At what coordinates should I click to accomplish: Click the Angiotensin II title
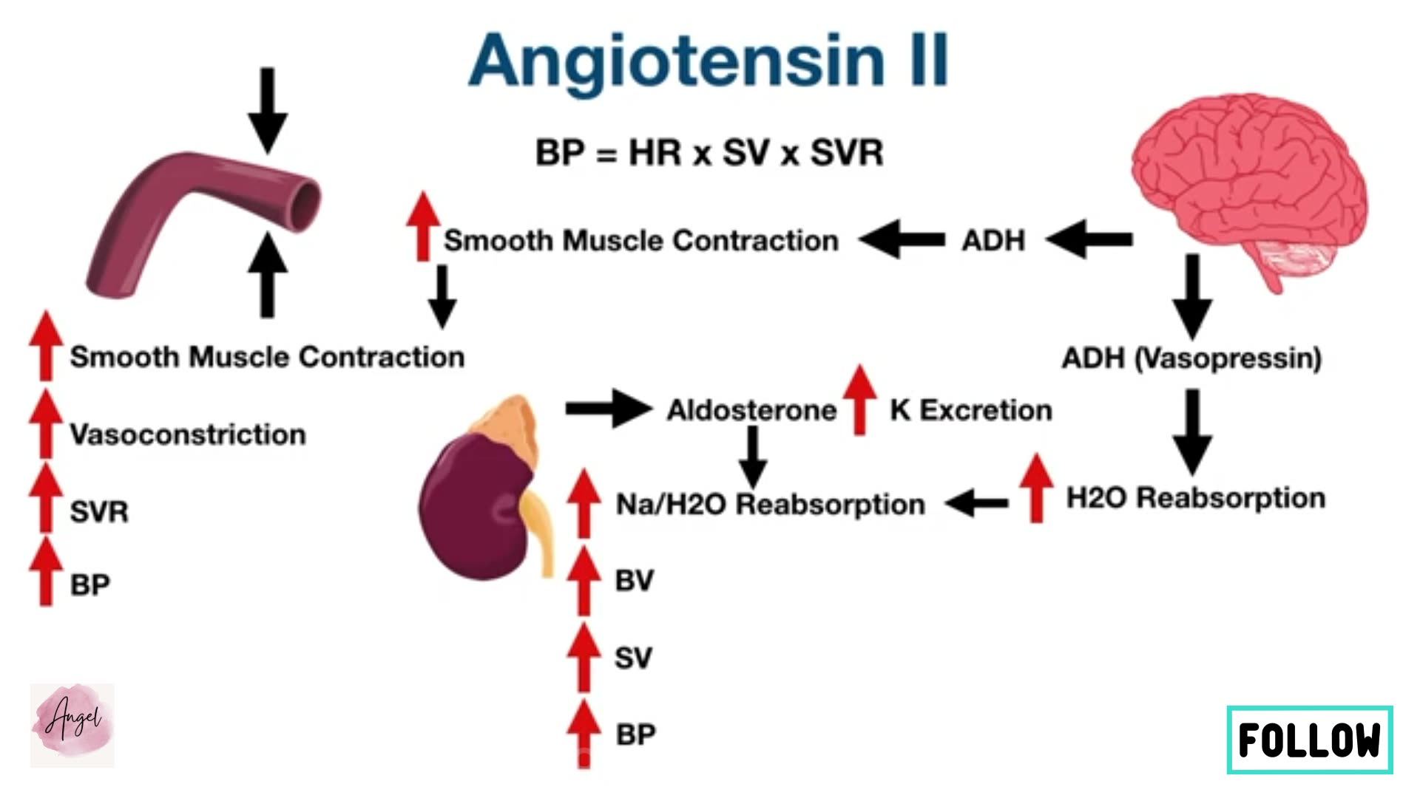[x=708, y=61]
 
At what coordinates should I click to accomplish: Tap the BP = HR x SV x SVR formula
[x=709, y=153]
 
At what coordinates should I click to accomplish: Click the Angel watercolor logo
[x=72, y=724]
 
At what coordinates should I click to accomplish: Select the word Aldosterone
[x=751, y=410]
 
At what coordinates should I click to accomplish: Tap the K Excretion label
[x=970, y=410]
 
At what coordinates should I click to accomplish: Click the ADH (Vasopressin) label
[x=1191, y=358]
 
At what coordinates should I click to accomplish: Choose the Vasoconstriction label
[x=187, y=434]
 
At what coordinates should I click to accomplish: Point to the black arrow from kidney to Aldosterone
[x=608, y=409]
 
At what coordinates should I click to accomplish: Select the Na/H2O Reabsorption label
[x=770, y=505]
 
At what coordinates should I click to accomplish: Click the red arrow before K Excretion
[x=859, y=399]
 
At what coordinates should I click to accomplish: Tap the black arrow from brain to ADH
[x=1089, y=239]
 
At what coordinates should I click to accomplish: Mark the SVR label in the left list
[x=99, y=512]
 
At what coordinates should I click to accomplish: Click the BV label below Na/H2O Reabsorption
[x=634, y=581]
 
